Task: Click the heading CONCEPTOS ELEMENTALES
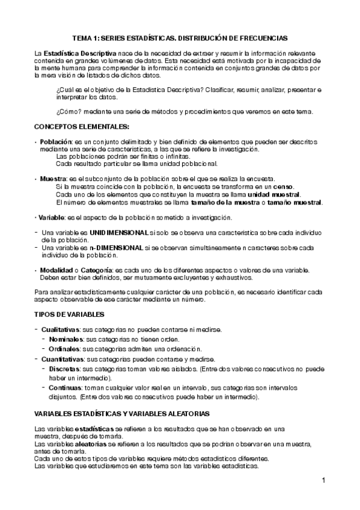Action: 81,126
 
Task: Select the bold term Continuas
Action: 65,388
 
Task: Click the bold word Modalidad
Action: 57,271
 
